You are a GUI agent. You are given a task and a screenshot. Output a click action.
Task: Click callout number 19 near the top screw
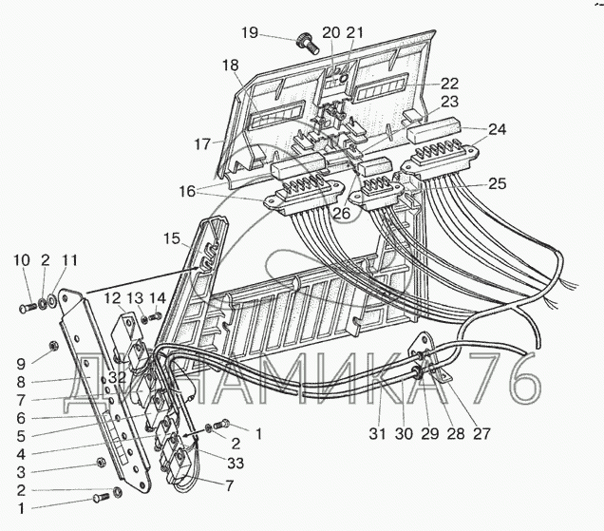pyautogui.click(x=249, y=33)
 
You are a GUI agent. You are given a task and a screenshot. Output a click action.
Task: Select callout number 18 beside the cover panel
pyautogui.click(x=231, y=66)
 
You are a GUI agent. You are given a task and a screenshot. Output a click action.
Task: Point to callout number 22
pyautogui.click(x=448, y=83)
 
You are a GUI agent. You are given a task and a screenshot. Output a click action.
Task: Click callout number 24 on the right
pyautogui.click(x=498, y=128)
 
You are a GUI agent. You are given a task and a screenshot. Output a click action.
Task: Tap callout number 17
pyautogui.click(x=202, y=144)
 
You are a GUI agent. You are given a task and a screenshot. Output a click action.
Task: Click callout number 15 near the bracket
pyautogui.click(x=171, y=237)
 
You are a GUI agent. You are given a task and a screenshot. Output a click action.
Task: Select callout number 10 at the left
pyautogui.click(x=21, y=261)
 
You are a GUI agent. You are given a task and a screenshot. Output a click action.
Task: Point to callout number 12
pyautogui.click(x=113, y=298)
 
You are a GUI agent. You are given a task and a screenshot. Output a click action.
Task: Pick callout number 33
pyautogui.click(x=233, y=462)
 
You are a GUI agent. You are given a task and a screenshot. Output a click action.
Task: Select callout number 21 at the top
pyautogui.click(x=354, y=32)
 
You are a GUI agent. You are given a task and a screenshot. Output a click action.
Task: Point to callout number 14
pyautogui.click(x=158, y=298)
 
